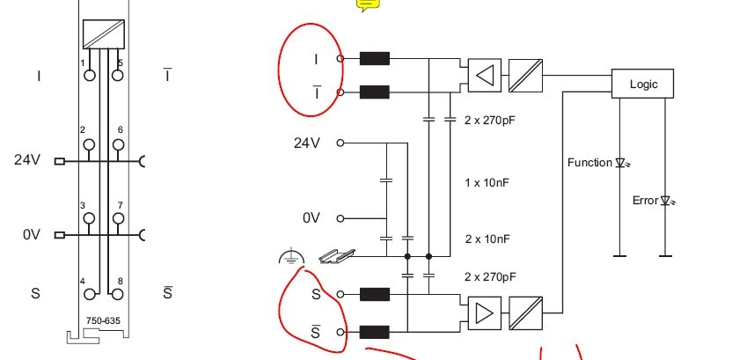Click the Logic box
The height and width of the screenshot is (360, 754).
point(642,84)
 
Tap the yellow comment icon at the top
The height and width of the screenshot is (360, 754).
point(368,4)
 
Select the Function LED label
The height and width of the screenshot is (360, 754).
point(589,162)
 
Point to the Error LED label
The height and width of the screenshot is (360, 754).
point(645,201)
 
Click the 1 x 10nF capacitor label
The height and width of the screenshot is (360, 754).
point(487,183)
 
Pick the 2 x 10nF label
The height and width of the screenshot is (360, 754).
point(487,239)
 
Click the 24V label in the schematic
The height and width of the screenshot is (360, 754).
point(306,143)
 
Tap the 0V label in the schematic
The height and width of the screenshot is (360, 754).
point(311,218)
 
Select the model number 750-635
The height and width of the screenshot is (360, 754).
point(103,320)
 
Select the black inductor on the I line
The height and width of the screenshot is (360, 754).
point(375,59)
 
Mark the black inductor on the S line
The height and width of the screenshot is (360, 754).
point(375,295)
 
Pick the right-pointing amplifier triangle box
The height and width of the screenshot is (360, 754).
point(483,312)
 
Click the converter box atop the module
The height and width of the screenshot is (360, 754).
point(103,34)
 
